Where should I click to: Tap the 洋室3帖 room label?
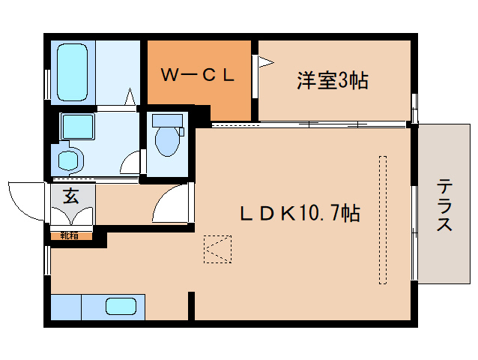tap(331, 80)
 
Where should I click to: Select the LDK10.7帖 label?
tap(299, 214)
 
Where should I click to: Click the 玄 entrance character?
tap(70, 196)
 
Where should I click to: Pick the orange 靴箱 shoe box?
tap(70, 235)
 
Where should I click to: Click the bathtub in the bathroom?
tap(73, 72)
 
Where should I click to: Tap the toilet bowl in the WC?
tap(166, 141)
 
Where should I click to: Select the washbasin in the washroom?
tap(69, 159)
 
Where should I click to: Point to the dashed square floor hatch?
tap(217, 250)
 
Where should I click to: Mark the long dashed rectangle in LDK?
tap(383, 220)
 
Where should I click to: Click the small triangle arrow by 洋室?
tap(264, 62)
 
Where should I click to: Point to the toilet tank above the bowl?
tap(166, 120)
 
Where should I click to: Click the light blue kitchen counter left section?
tap(66, 307)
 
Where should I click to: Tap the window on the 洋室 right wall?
tap(414, 109)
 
